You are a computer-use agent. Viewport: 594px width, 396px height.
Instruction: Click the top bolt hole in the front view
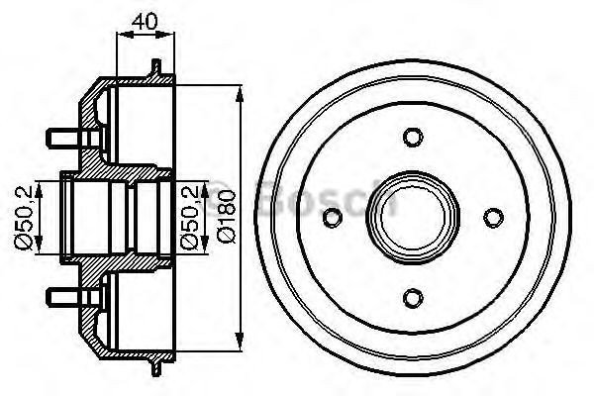click(413, 137)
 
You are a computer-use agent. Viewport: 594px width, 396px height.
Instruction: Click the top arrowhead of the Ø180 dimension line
click(241, 92)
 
